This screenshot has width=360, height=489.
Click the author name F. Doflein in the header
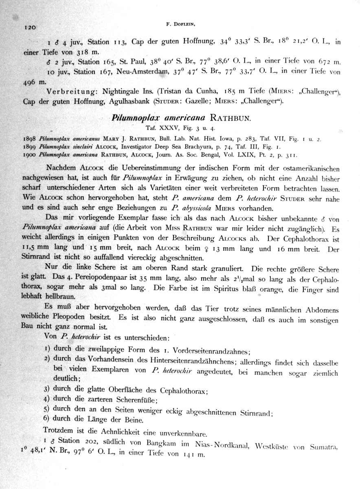(181, 24)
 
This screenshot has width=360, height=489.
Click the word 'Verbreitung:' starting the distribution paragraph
(67, 90)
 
